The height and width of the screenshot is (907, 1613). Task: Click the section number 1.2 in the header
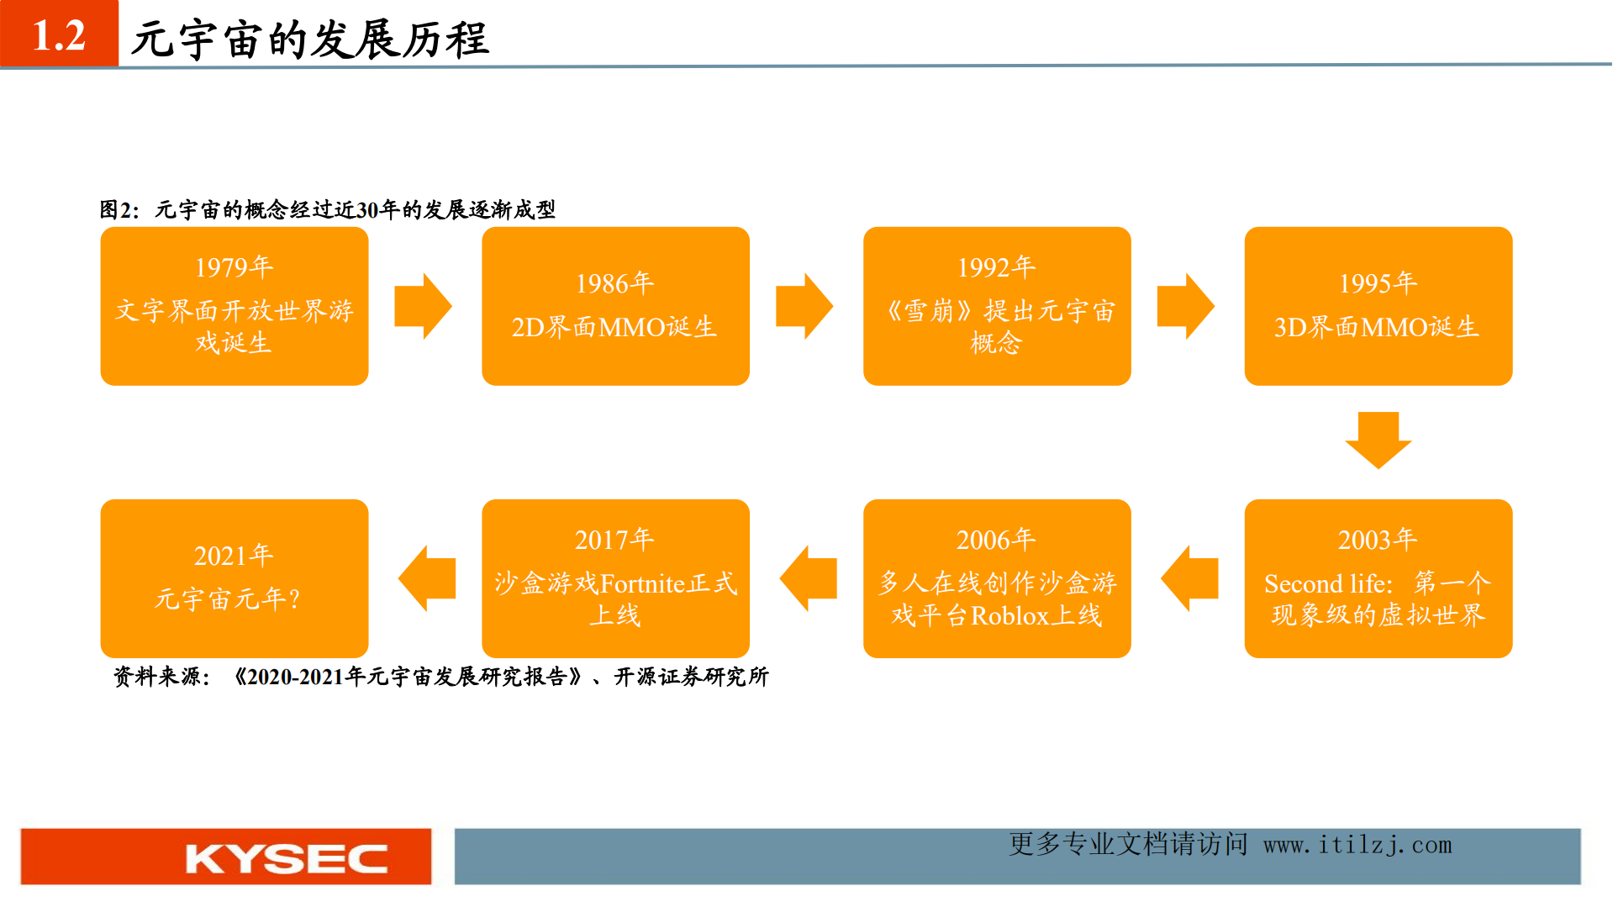tap(59, 35)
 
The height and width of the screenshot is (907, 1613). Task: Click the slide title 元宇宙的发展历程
tap(310, 40)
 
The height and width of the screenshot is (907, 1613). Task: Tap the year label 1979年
tap(234, 267)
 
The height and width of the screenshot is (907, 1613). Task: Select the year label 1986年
tap(614, 283)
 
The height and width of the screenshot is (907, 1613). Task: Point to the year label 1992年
tap(996, 267)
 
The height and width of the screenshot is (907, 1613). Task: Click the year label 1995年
tap(1378, 283)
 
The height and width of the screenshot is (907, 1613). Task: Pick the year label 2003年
tap(1378, 540)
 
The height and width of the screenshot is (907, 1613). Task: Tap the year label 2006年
tap(996, 540)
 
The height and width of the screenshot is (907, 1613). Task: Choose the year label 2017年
tap(614, 540)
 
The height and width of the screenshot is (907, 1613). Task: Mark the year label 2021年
tap(234, 556)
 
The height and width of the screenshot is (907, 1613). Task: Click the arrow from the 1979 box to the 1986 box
tap(424, 306)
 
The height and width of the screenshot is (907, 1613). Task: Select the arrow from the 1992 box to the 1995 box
tap(1186, 306)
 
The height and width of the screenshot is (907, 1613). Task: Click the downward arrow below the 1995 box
tap(1378, 440)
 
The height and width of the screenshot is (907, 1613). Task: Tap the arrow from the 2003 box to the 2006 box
tap(1189, 578)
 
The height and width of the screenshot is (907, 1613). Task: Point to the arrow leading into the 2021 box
tap(426, 578)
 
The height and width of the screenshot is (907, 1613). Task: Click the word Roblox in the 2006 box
tap(1010, 616)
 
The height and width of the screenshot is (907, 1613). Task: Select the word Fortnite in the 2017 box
tap(643, 583)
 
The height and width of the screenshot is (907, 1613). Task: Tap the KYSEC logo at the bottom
tap(286, 858)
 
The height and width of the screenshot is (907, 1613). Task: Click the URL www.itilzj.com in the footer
tap(1357, 845)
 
